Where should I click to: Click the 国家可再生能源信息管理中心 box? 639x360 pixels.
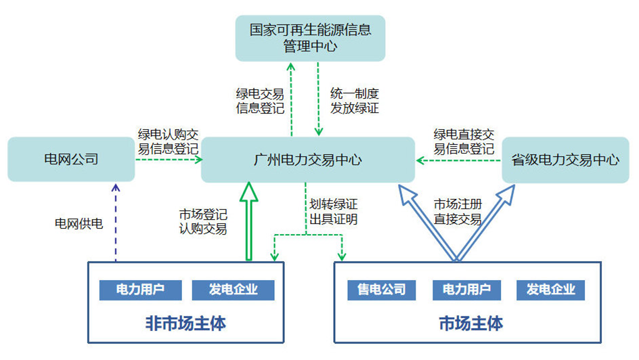coord(310,39)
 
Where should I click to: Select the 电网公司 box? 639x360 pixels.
coord(71,159)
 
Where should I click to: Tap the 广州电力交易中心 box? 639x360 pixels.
coord(308,160)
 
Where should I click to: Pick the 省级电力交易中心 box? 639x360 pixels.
coord(565,160)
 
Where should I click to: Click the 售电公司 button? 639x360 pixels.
coord(382,290)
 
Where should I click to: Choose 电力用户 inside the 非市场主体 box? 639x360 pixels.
coord(140,290)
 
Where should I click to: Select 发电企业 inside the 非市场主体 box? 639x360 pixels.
coord(233,290)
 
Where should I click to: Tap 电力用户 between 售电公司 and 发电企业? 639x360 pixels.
coord(466,290)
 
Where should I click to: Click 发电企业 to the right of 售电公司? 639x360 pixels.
coord(550,290)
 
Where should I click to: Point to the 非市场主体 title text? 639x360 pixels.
coord(185,323)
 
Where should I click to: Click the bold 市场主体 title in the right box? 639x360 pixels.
coord(470,323)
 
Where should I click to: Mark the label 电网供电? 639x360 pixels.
coord(79,223)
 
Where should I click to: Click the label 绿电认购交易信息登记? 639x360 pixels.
coord(168,141)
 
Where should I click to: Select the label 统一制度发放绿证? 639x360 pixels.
coord(355,101)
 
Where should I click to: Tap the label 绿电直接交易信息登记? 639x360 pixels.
coord(464,141)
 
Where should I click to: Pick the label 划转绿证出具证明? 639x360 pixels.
coord(333,212)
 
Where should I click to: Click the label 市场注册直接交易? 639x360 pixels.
coord(458,211)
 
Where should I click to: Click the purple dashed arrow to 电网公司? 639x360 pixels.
coord(116,223)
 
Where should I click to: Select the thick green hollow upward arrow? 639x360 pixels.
coord(249,221)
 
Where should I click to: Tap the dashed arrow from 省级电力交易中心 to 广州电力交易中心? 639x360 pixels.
coord(458,161)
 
